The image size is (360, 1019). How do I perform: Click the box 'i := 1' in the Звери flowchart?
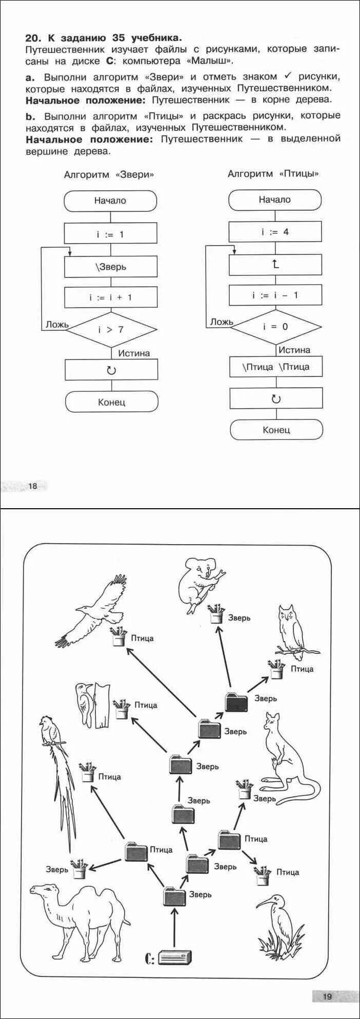pos(110,234)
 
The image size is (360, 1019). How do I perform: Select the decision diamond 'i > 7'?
pos(111,329)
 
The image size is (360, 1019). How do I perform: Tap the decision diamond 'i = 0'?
pos(275,326)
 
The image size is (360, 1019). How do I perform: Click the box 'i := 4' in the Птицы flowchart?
pos(275,232)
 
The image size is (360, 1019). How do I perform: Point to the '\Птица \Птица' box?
pos(276,367)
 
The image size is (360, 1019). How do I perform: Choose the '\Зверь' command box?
pos(110,267)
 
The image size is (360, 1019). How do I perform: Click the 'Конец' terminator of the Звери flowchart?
pos(111,402)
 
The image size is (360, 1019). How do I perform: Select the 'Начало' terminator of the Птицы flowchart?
pos(274,200)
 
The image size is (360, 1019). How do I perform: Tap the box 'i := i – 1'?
pos(275,295)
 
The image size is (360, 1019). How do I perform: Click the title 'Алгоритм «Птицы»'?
pos(273,174)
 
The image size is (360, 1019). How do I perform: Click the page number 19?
pos(327,996)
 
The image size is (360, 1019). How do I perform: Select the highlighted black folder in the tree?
pos(236,702)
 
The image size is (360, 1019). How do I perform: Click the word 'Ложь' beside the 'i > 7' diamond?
pos(57,325)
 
